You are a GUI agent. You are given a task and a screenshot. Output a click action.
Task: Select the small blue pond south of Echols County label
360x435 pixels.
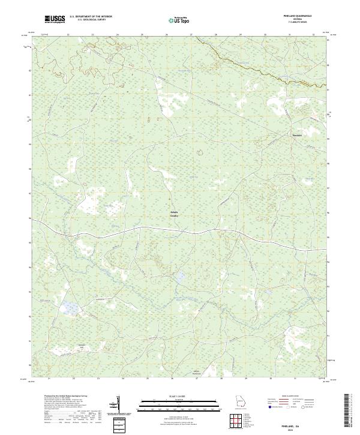pyautogui.click(x=179, y=277)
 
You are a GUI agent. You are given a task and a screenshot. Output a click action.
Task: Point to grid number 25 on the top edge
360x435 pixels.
pyautogui.click(x=142, y=35)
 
